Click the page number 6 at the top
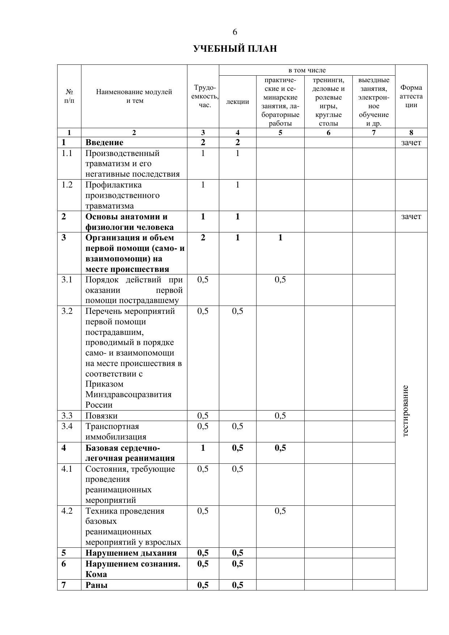235,32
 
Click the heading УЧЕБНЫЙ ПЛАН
235,49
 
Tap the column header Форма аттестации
411,96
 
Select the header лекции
237,102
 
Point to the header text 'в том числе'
307,70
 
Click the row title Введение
104,143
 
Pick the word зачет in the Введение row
411,143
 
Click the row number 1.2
67,185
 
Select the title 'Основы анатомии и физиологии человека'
129,222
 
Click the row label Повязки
101,416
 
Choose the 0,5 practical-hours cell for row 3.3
280,416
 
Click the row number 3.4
67,426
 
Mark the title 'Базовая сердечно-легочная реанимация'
130,453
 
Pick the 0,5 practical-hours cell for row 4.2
280,511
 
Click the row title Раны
96,585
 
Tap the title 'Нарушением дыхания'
131,553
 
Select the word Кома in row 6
96,575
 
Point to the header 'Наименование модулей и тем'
134,96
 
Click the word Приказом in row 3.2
104,384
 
